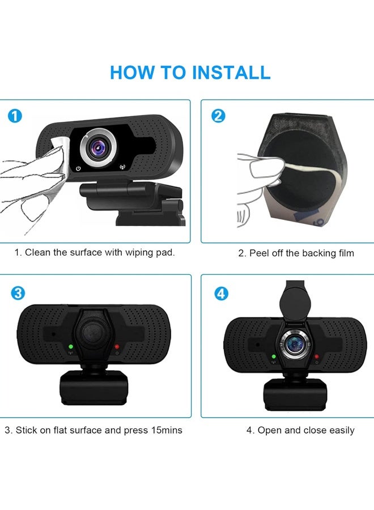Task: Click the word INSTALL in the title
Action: pos(231,73)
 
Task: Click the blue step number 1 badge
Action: pos(15,117)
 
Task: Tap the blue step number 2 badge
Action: pos(218,117)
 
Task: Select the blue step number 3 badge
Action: pos(18,293)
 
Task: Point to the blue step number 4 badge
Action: pos(222,293)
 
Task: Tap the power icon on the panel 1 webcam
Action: pos(78,168)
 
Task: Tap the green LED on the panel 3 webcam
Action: pos(70,347)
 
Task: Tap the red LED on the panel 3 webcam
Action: pos(117,347)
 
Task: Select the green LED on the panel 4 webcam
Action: pos(273,357)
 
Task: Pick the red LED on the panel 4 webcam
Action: pos(317,357)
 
